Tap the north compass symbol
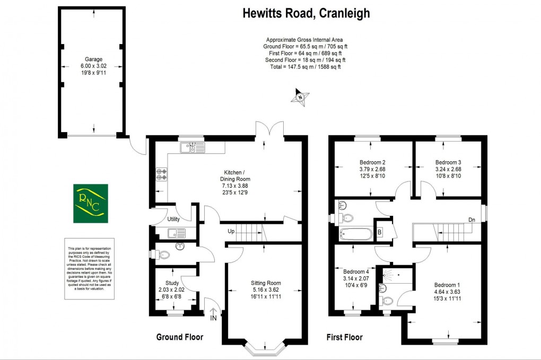click(x=301, y=97)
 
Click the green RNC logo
click(x=90, y=203)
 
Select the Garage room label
click(x=93, y=59)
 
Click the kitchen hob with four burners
click(x=161, y=174)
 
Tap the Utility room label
click(x=174, y=219)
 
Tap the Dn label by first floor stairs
click(x=472, y=219)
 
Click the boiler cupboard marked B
click(x=380, y=231)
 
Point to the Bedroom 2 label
click(x=372, y=162)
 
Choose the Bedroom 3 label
click(x=448, y=162)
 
